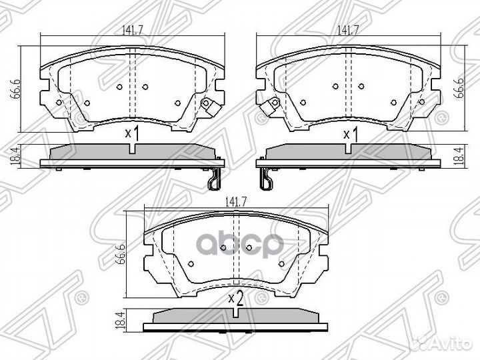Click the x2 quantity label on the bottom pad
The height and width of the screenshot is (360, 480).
tap(234, 299)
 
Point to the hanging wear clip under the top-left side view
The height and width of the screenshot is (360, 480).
tap(213, 179)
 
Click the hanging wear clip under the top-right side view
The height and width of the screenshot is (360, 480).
tap(266, 179)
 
